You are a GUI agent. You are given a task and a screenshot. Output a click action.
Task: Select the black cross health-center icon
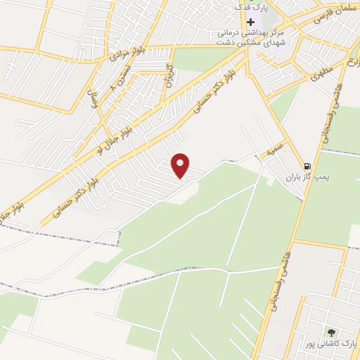click(250, 21)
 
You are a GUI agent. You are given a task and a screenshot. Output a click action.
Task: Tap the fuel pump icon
click(305, 166)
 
